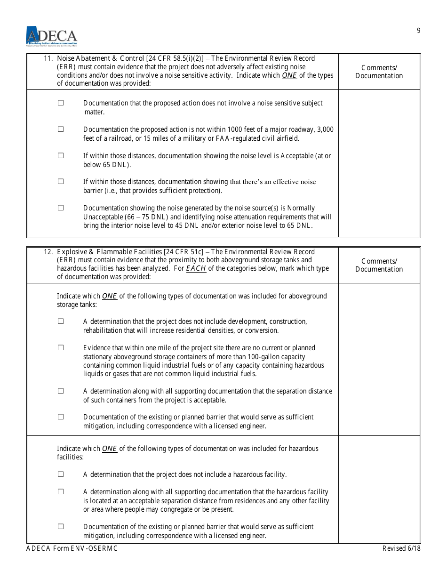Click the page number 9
(x=418, y=31)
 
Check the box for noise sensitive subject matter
(x=61, y=103)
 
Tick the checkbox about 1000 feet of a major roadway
(x=61, y=129)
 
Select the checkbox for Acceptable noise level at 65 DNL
(x=61, y=155)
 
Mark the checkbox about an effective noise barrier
(x=61, y=182)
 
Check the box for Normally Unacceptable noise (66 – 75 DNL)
(x=61, y=208)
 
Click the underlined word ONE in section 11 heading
(x=289, y=75)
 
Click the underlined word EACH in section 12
(x=196, y=268)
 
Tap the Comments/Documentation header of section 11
(x=379, y=72)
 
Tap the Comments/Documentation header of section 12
(x=379, y=265)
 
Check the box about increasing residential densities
(x=61, y=322)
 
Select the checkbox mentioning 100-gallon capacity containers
(x=61, y=348)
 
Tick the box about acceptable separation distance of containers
(x=61, y=391)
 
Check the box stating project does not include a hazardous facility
(x=61, y=474)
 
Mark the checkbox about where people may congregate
(x=61, y=492)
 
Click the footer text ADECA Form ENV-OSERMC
(x=72, y=548)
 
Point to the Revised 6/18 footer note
(x=401, y=548)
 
